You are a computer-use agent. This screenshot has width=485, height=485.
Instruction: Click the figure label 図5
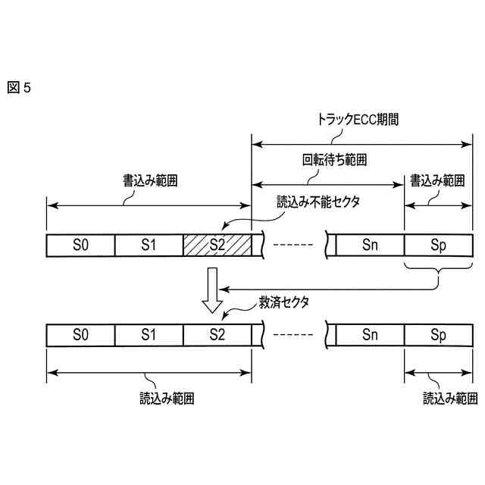(x=19, y=88)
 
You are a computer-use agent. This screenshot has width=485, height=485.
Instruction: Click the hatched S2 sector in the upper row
(x=217, y=244)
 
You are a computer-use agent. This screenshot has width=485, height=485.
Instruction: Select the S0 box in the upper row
(x=80, y=244)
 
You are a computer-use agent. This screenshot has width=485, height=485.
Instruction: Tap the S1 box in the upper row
(x=149, y=244)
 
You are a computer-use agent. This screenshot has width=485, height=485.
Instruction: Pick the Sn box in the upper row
(x=370, y=244)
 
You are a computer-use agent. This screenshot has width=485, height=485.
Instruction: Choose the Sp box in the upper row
(x=438, y=244)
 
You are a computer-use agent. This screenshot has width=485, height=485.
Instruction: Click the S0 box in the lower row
(x=80, y=335)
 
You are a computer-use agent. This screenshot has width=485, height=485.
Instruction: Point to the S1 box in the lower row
(x=149, y=335)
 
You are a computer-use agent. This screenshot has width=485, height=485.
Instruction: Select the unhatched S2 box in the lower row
(x=217, y=335)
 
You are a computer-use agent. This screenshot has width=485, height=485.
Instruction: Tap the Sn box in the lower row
(x=370, y=335)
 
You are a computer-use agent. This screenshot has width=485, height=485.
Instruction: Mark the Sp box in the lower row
(x=438, y=335)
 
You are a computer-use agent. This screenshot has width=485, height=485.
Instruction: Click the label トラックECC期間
(x=357, y=120)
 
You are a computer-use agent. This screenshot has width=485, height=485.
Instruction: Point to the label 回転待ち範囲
(x=329, y=161)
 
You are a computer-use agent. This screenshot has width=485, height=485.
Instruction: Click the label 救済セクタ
(x=287, y=301)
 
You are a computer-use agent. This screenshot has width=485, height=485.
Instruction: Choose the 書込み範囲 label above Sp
(x=437, y=183)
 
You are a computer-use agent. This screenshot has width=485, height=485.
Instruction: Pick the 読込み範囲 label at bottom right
(x=450, y=398)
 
